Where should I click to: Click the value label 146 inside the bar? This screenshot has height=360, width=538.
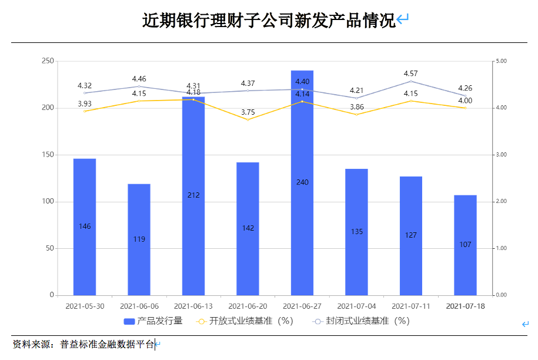point(85,226)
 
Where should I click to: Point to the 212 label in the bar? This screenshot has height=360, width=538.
point(193,195)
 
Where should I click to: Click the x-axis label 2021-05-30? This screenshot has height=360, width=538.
point(85,306)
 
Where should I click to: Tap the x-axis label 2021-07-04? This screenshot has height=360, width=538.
point(356,306)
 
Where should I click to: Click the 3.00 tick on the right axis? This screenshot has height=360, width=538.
point(502,155)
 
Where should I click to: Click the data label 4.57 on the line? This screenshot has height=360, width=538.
point(410,74)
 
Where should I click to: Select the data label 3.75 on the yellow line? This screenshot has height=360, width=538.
point(248,112)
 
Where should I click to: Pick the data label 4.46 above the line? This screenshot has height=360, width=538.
point(139,79)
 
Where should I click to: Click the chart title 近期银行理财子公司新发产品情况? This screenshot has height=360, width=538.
point(269,21)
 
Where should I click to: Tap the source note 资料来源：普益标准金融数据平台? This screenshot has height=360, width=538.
point(83,344)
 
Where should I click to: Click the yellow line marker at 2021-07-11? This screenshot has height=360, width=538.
point(411,101)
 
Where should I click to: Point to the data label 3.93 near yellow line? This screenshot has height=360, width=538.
point(85,104)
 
